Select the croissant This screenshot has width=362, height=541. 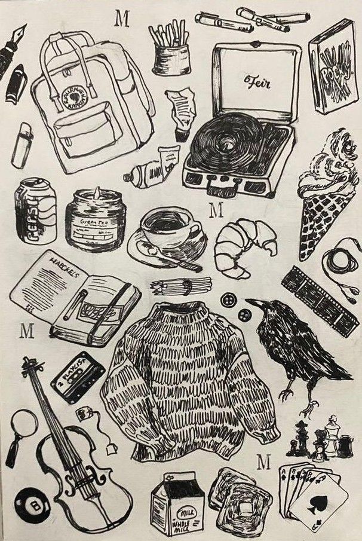pyautogui.click(x=244, y=244)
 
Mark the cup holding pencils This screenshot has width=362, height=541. pyautogui.click(x=171, y=56)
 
